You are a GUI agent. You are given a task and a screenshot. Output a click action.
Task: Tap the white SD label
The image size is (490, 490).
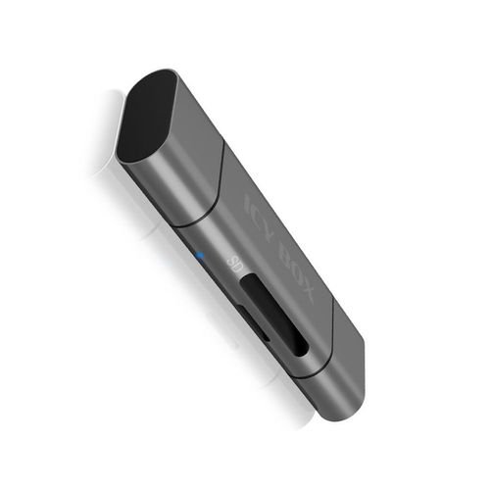point(234,264)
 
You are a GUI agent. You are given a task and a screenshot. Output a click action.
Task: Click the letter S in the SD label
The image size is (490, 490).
point(231,260)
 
